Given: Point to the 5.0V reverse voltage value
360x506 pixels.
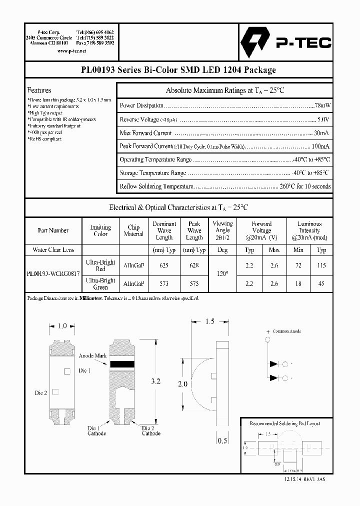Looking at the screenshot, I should [x=323, y=119].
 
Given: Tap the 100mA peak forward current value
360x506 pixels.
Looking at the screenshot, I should [x=320, y=146].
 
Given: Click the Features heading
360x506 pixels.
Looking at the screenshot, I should [x=39, y=90].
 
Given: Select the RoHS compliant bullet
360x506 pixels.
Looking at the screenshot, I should [x=45, y=139].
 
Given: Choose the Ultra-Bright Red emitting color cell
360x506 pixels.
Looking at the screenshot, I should [x=100, y=265].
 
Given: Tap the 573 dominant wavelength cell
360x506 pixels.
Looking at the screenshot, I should [x=164, y=283].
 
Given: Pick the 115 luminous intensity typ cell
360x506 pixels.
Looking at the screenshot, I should [x=321, y=265].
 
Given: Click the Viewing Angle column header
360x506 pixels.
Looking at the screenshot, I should [x=222, y=230].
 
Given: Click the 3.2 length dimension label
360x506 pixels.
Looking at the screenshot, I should [x=155, y=381].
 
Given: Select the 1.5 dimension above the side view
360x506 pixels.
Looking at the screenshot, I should [x=210, y=321].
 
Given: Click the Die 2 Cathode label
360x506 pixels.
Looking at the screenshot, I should [x=151, y=430].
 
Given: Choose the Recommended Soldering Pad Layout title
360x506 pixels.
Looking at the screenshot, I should [x=285, y=423].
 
